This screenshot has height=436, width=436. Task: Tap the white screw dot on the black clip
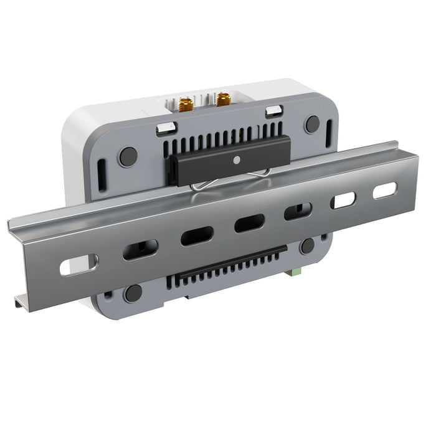236,159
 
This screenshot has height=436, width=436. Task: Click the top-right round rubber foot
312,124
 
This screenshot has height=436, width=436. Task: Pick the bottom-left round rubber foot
133,293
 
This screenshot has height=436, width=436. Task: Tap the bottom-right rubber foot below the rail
308,245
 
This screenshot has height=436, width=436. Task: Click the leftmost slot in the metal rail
78,264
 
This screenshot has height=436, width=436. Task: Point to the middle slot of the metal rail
249,223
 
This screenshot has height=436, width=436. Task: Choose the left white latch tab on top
164,128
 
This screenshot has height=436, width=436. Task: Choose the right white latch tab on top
273,111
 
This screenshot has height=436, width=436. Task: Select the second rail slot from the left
140,250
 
